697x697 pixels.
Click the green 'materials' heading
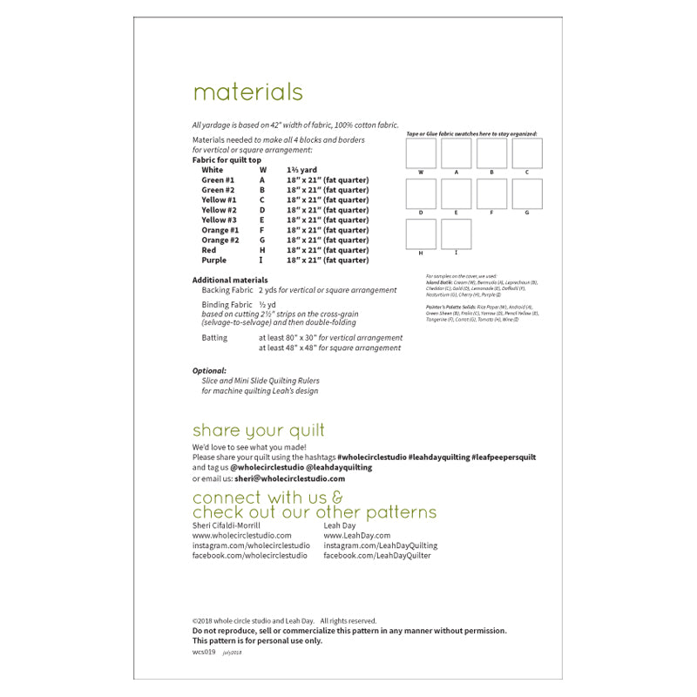pyautogui.click(x=247, y=92)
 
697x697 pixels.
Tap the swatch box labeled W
pyautogui.click(x=421, y=153)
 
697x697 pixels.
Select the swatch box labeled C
pyautogui.click(x=526, y=153)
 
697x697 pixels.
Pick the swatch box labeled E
pyautogui.click(x=456, y=193)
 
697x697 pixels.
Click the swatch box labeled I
pyautogui.click(x=456, y=234)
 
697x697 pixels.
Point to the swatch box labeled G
pyautogui.click(x=526, y=193)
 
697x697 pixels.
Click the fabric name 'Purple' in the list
pyautogui.click(x=213, y=260)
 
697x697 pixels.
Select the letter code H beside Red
pyautogui.click(x=261, y=250)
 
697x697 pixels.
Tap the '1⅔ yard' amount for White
pyautogui.click(x=301, y=170)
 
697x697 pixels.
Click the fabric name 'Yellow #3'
pyautogui.click(x=219, y=220)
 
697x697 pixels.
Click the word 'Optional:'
pyautogui.click(x=209, y=370)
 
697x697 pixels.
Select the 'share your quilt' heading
pyautogui.click(x=258, y=430)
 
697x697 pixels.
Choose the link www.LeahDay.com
pyautogui.click(x=356, y=536)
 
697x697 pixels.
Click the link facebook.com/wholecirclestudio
pyautogui.click(x=249, y=555)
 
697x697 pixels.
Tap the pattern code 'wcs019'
pyautogui.click(x=203, y=652)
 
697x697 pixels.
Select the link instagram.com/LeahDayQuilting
pyautogui.click(x=380, y=545)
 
